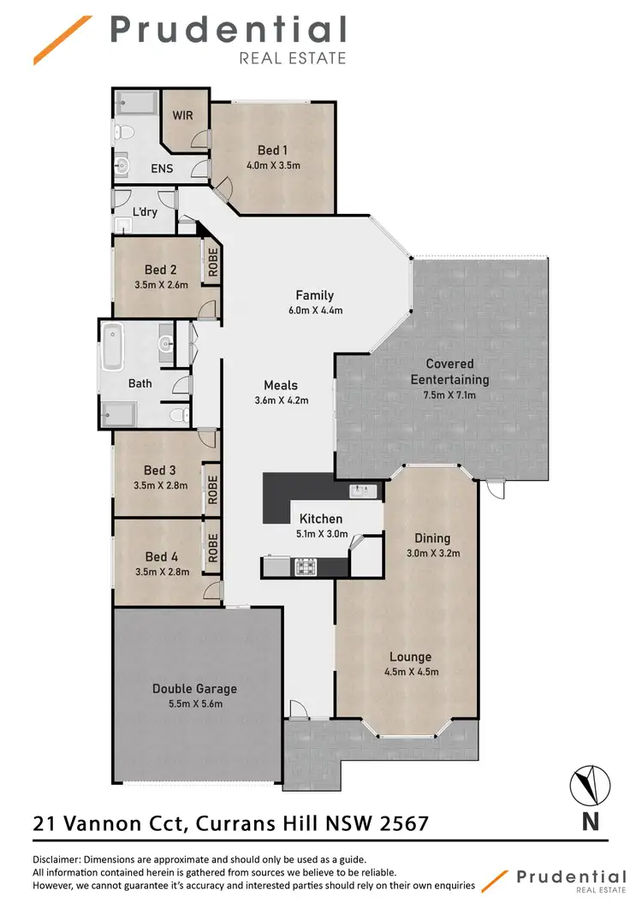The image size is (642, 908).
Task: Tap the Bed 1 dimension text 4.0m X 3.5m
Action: pos(273,165)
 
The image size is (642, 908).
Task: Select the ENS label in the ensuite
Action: pos(162,169)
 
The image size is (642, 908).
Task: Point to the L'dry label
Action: pos(145,211)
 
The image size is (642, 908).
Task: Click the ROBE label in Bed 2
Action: pos(211,261)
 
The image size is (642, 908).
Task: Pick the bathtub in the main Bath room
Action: pos(112,347)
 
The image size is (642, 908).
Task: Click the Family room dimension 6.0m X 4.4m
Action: pos(314,311)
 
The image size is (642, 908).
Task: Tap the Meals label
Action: pos(281,385)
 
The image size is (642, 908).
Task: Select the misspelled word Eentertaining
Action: pos(449,379)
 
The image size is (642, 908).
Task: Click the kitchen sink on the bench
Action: pos(363,490)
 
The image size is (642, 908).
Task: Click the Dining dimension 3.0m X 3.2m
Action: pos(432,553)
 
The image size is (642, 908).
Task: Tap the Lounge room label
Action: pos(410,657)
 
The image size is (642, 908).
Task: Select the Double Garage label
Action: pos(194,688)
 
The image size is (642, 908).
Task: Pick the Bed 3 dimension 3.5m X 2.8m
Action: pos(160,484)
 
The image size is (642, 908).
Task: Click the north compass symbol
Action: pos(590,784)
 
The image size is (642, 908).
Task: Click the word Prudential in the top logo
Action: pos(228,31)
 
